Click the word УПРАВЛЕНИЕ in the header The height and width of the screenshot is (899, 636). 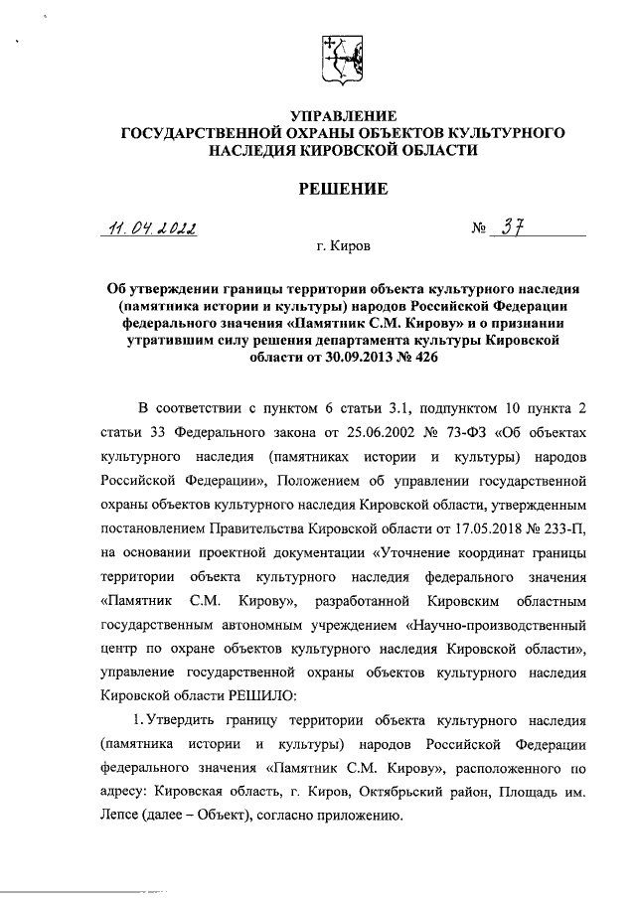pos(342,114)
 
